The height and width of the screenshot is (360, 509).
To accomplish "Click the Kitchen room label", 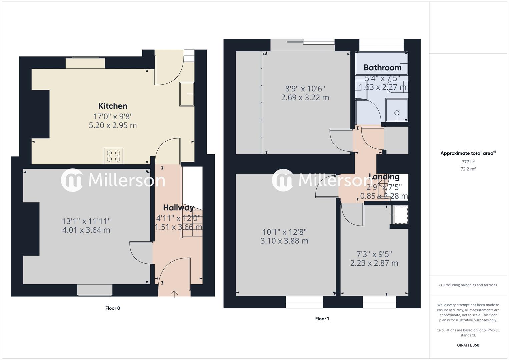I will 113,106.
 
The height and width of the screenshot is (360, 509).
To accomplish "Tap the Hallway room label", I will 178,208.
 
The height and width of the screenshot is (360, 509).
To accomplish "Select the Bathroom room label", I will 382,68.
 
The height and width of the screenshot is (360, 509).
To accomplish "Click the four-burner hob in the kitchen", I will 113,156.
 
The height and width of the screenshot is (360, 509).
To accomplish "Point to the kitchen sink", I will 187,94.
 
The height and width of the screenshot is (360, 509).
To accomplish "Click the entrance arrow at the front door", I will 174,294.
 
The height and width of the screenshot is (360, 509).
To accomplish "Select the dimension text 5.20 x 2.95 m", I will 113,126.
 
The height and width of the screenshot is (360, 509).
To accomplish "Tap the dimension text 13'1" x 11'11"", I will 86,221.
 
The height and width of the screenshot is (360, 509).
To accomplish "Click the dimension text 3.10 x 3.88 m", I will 284,241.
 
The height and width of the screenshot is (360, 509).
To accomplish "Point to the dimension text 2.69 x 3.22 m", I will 305,98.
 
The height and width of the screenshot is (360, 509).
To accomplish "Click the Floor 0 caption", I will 113,308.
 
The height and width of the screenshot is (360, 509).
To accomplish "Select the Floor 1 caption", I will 322,319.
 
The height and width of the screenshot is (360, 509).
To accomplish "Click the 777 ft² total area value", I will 468,162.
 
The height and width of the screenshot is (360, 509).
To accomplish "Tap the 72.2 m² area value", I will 468,169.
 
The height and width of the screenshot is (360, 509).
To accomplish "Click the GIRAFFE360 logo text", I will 468,345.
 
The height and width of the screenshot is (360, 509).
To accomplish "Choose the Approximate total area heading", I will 468,153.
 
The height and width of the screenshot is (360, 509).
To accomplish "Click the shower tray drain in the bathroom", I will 397,113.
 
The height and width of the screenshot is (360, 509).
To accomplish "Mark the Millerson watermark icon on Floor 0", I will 72,180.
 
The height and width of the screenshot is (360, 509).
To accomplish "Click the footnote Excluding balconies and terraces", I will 468,285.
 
